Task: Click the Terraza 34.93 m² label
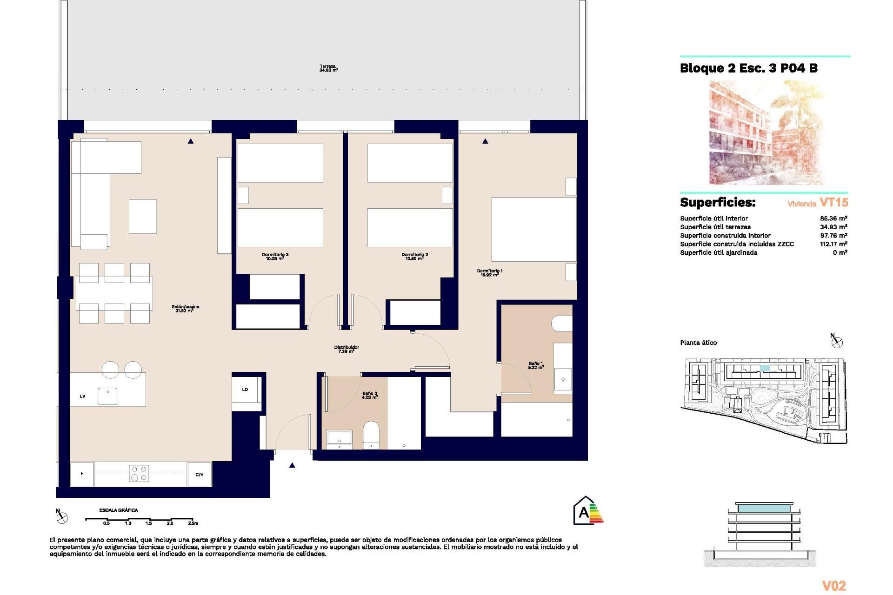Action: (328, 68)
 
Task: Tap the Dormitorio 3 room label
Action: (275, 256)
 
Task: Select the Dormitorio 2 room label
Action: (414, 256)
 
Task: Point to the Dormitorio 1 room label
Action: (490, 272)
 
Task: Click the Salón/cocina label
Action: (185, 308)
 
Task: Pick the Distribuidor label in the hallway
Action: (347, 349)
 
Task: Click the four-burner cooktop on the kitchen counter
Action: (139, 473)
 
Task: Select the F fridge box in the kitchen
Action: (82, 474)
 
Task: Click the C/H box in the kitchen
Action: (200, 474)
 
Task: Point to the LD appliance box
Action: (245, 390)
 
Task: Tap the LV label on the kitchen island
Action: (83, 396)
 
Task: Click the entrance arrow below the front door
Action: (292, 465)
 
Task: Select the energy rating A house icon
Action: (585, 511)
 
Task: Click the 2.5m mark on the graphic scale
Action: (193, 523)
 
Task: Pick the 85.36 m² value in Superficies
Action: (833, 218)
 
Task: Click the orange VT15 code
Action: (833, 203)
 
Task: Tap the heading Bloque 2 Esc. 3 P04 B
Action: (748, 68)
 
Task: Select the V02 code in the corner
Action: (833, 586)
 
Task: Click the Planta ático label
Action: (698, 343)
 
